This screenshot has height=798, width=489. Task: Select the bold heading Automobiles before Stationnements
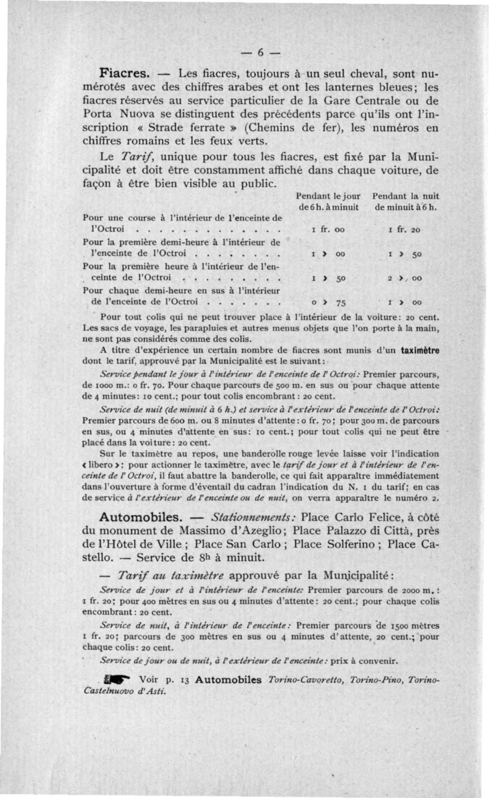point(140,517)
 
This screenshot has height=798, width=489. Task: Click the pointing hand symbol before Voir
point(116,680)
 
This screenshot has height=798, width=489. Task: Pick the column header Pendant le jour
point(328,196)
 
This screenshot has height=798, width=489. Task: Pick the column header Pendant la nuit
point(405,196)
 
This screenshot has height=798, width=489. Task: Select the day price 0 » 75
point(328,303)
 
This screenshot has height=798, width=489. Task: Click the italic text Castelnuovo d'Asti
point(124,691)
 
